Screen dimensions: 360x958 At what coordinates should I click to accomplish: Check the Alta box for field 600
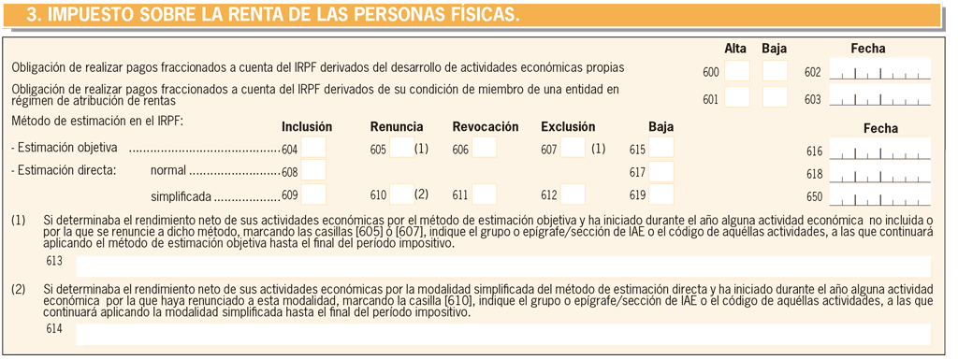pyautogui.click(x=737, y=71)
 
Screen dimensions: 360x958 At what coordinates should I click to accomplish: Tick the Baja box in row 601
pyautogui.click(x=775, y=97)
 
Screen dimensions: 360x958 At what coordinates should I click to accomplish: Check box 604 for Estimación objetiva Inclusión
pyautogui.click(x=313, y=148)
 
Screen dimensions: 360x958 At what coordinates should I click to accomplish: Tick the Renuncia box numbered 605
pyautogui.click(x=401, y=148)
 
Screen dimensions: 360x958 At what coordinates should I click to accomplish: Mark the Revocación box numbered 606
pyautogui.click(x=484, y=148)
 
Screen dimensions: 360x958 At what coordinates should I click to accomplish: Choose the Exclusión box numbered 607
pyautogui.click(x=573, y=148)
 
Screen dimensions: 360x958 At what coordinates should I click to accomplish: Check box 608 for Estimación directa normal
pyautogui.click(x=313, y=171)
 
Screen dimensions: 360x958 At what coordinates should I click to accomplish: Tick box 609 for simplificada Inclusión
pyautogui.click(x=313, y=194)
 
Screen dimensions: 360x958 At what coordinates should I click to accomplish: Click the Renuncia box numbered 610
pyautogui.click(x=401, y=194)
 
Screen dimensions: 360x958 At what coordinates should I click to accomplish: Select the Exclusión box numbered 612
pyautogui.click(x=573, y=194)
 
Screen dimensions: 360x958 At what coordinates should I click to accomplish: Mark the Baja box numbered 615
pyautogui.click(x=661, y=148)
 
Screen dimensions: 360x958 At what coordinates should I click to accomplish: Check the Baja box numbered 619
pyautogui.click(x=661, y=194)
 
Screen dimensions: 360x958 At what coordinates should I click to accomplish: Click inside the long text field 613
pyautogui.click(x=502, y=266)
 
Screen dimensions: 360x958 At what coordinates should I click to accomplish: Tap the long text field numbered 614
pyautogui.click(x=502, y=334)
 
